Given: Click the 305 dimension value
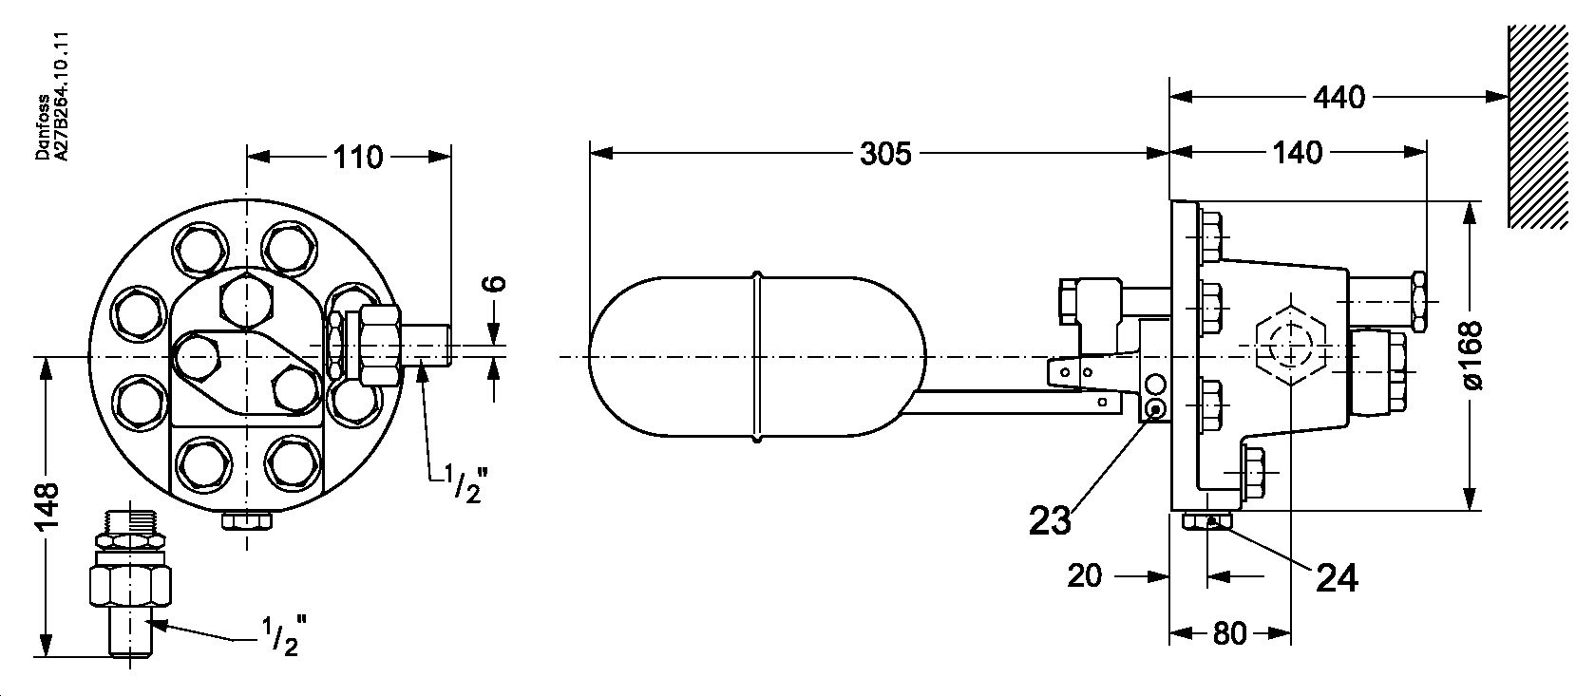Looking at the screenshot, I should point(884,153).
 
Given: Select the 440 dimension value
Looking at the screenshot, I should point(1339,97).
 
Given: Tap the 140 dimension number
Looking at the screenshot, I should point(1298,153).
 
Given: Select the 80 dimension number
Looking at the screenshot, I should point(1229,633).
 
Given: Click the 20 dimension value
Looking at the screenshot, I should point(1084,575).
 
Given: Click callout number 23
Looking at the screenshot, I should point(1050,519).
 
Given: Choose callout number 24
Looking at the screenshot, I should point(1337,576).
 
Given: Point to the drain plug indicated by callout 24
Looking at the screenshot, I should point(1208,521).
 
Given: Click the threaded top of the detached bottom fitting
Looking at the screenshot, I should point(130,520).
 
